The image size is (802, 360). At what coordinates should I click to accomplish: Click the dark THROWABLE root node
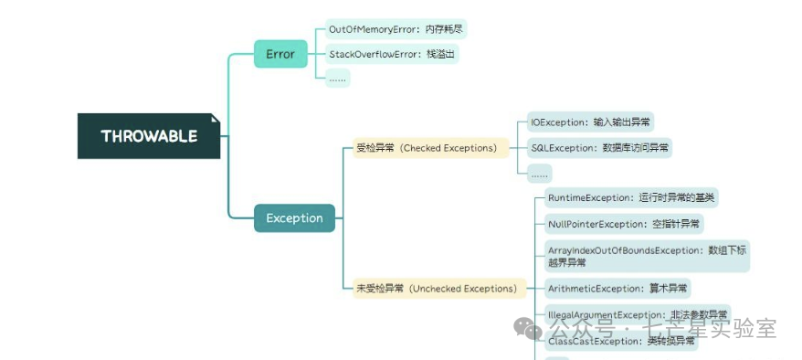[x=149, y=136]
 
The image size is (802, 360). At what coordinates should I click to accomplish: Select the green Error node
[x=280, y=54]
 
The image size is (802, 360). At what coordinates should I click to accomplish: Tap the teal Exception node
[x=294, y=218]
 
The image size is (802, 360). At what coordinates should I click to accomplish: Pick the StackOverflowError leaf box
[x=393, y=54]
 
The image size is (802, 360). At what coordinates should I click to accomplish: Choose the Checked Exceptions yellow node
[x=427, y=147]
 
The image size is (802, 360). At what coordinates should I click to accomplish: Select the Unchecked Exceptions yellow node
[x=437, y=289]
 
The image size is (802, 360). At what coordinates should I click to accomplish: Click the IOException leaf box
[x=591, y=122]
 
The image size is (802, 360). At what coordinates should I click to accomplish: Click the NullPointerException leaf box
[x=625, y=223]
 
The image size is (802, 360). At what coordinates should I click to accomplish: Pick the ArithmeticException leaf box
[x=617, y=289]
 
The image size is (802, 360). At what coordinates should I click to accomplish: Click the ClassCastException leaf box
[x=620, y=341]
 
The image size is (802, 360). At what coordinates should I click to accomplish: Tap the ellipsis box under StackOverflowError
[x=338, y=79]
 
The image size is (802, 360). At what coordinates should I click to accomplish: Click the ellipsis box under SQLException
[x=540, y=172]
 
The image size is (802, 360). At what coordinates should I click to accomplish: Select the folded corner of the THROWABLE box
[x=216, y=119]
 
